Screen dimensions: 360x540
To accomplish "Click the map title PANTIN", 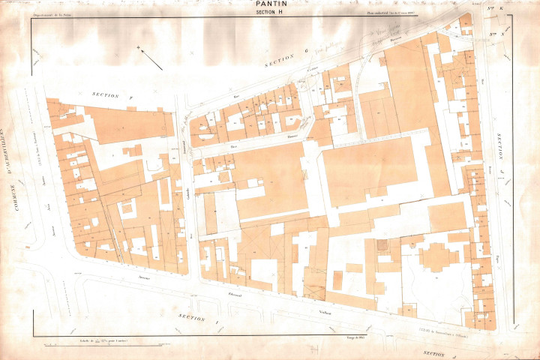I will coord(270,4).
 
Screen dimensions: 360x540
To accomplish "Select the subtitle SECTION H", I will coord(270,13).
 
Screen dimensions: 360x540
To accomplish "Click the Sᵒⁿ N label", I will coord(494,33).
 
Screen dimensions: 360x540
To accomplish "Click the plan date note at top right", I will coord(391,13).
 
